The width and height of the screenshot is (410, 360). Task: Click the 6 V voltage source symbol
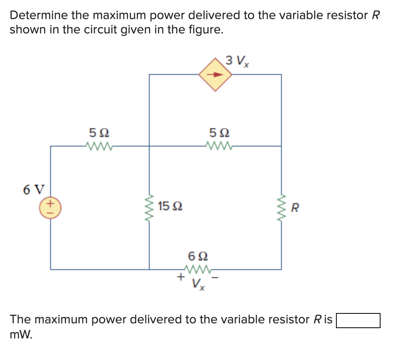(50, 207)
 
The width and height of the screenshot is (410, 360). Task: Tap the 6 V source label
(34, 190)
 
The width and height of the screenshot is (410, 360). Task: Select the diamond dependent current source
(215, 74)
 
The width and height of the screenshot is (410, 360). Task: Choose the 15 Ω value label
(170, 207)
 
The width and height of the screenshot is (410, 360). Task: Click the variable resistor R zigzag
(281, 207)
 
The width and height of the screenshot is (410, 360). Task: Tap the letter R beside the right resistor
(295, 207)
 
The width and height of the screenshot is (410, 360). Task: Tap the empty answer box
(358, 320)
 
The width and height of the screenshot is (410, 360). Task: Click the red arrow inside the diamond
(215, 74)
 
